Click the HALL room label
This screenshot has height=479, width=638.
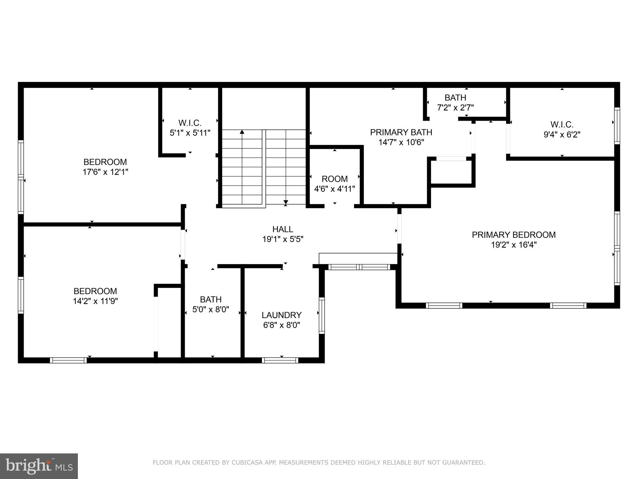point(283,230)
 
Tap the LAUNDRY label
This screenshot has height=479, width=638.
point(281,315)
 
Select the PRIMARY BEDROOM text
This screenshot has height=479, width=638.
point(513,235)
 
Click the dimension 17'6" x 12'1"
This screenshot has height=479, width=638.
point(105,172)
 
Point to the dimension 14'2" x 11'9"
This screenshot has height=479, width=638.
point(95,301)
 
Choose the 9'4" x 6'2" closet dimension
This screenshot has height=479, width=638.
point(562,135)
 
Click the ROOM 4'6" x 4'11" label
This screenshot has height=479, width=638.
point(335,184)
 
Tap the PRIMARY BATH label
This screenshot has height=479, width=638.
point(401,133)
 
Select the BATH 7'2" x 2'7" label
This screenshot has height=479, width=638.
point(455,103)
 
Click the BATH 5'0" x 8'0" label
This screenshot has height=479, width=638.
point(211,304)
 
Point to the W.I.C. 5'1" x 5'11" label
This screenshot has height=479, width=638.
point(190,128)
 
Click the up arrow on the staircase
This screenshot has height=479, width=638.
point(242,132)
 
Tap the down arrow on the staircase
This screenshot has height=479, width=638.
point(285,203)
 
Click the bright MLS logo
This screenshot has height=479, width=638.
point(39,466)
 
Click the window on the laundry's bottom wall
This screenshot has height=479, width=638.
point(280,360)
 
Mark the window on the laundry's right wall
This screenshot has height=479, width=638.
point(322,315)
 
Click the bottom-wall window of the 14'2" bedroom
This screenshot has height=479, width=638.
point(68,360)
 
